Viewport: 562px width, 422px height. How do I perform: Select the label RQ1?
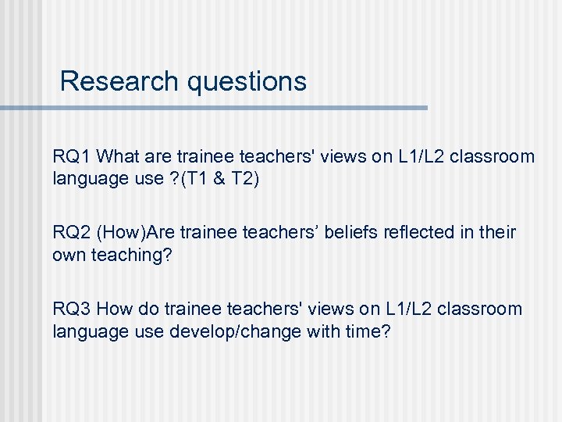(72, 156)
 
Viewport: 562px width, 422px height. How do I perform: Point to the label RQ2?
(72, 232)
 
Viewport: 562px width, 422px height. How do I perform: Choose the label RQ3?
(72, 309)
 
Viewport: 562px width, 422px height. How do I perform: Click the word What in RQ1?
(118, 156)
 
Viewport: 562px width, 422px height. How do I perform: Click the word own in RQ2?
(69, 255)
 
